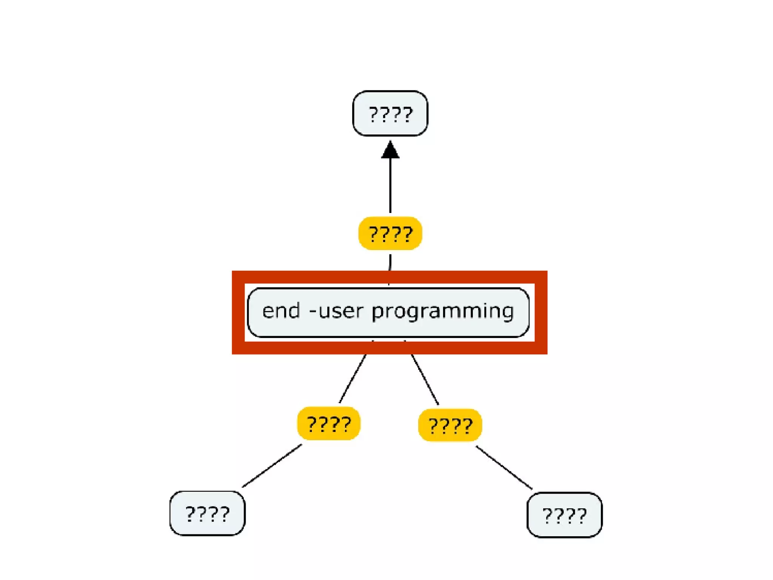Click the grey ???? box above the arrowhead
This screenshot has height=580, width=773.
click(390, 113)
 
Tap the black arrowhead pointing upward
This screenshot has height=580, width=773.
click(390, 151)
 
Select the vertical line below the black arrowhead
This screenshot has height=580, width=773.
click(390, 185)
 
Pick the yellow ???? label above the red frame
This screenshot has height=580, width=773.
click(390, 233)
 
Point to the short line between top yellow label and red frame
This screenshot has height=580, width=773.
click(390, 262)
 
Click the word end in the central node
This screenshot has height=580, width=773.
click(281, 311)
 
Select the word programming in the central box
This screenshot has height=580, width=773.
click(443, 312)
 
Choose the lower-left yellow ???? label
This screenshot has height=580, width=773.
click(329, 423)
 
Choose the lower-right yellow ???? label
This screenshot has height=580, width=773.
click(450, 425)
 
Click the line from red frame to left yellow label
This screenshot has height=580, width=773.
click(353, 379)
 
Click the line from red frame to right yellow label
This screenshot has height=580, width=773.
click(425, 379)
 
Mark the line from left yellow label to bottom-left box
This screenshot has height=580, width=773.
click(272, 466)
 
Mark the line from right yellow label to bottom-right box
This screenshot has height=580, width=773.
click(504, 468)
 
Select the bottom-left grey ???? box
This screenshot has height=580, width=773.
click(207, 513)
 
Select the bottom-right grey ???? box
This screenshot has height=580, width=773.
click(564, 515)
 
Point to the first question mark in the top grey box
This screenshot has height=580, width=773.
click(374, 114)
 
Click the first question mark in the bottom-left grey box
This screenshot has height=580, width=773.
click(191, 514)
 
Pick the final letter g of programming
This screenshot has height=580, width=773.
click(507, 313)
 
